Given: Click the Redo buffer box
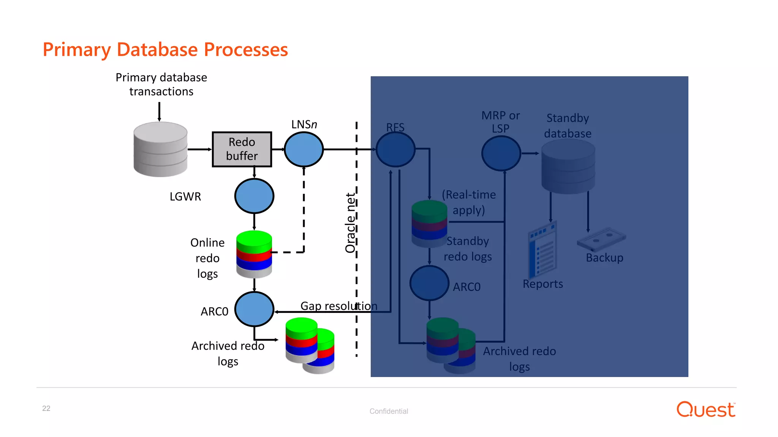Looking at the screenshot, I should pyautogui.click(x=242, y=149).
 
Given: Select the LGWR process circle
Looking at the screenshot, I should pyautogui.click(x=254, y=196).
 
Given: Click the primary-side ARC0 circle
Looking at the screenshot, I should pyautogui.click(x=254, y=309).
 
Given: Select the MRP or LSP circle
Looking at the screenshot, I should pyautogui.click(x=501, y=153).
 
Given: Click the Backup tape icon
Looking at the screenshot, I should pyautogui.click(x=601, y=239).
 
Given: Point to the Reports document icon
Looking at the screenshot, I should pyautogui.click(x=542, y=250).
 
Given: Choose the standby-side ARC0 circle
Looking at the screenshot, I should pyautogui.click(x=429, y=283).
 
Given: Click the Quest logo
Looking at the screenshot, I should pyautogui.click(x=706, y=409).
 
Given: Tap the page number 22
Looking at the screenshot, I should pyautogui.click(x=46, y=408).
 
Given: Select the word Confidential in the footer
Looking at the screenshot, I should pyautogui.click(x=389, y=411).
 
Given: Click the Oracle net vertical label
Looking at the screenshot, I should pyautogui.click(x=350, y=223).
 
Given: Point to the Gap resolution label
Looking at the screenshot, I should pyautogui.click(x=338, y=306).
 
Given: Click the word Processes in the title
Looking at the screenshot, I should pyautogui.click(x=246, y=50).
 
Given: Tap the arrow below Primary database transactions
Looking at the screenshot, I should pyautogui.click(x=159, y=112).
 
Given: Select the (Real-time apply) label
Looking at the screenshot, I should pyautogui.click(x=469, y=202).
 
